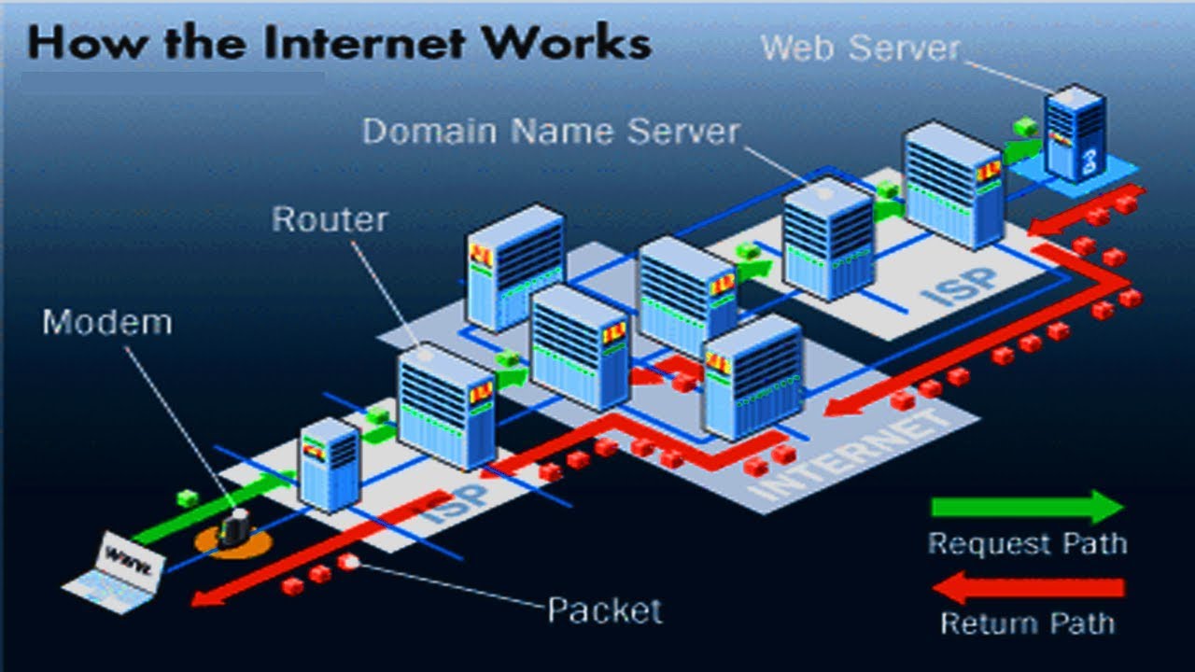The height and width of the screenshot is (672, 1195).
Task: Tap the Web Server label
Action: [x=860, y=48]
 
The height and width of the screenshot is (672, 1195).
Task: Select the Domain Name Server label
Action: [x=551, y=131]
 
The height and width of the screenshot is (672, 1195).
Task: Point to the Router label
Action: [x=330, y=219]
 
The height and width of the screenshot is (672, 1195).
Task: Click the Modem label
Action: [x=107, y=322]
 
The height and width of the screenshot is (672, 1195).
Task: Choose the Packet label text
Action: [x=604, y=610]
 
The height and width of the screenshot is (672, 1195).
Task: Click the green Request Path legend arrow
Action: [x=1027, y=507]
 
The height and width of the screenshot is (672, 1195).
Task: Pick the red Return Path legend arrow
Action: [x=1027, y=588]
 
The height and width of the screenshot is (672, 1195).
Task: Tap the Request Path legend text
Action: [x=1027, y=543]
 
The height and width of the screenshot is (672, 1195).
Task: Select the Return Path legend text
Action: [x=1027, y=623]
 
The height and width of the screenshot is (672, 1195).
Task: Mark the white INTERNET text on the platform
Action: [x=850, y=457]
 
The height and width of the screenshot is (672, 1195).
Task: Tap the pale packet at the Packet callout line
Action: [x=350, y=561]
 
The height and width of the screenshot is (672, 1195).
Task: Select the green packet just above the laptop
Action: [x=188, y=498]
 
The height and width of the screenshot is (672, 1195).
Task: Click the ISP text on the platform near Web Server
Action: [x=959, y=280]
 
